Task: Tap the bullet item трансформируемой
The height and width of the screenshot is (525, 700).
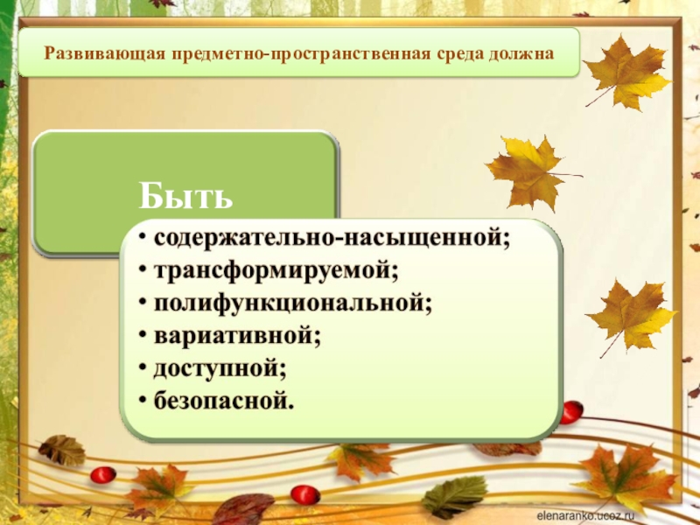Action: click(276, 271)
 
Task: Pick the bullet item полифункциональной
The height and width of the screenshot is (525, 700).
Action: click(294, 303)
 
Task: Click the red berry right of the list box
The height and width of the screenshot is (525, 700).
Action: click(570, 411)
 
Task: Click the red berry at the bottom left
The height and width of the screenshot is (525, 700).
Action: click(102, 475)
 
